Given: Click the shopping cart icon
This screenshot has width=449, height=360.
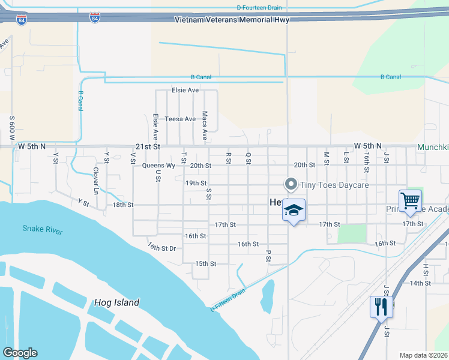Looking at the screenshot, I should (x=410, y=200).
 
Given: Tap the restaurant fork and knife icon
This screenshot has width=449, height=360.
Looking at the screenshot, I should (x=381, y=307).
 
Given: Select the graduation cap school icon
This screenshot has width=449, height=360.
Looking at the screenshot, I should (x=294, y=210).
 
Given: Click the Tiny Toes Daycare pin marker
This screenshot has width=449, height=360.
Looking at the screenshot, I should (x=291, y=184).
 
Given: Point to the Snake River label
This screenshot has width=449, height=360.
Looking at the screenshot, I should (x=43, y=229).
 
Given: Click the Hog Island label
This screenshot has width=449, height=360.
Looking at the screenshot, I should (x=116, y=302).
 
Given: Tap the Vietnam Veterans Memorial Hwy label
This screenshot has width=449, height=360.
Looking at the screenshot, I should (x=232, y=20).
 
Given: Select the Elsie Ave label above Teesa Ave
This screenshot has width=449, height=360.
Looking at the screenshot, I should (x=185, y=90).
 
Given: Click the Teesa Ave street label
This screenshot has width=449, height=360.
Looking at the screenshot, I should (x=181, y=119).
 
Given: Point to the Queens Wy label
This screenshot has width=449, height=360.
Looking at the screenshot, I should (x=158, y=165).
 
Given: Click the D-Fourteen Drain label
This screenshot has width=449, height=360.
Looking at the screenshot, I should (x=259, y=7).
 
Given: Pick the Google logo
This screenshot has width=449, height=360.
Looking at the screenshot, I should (x=20, y=353).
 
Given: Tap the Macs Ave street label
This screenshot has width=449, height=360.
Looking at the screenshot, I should (x=205, y=122).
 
